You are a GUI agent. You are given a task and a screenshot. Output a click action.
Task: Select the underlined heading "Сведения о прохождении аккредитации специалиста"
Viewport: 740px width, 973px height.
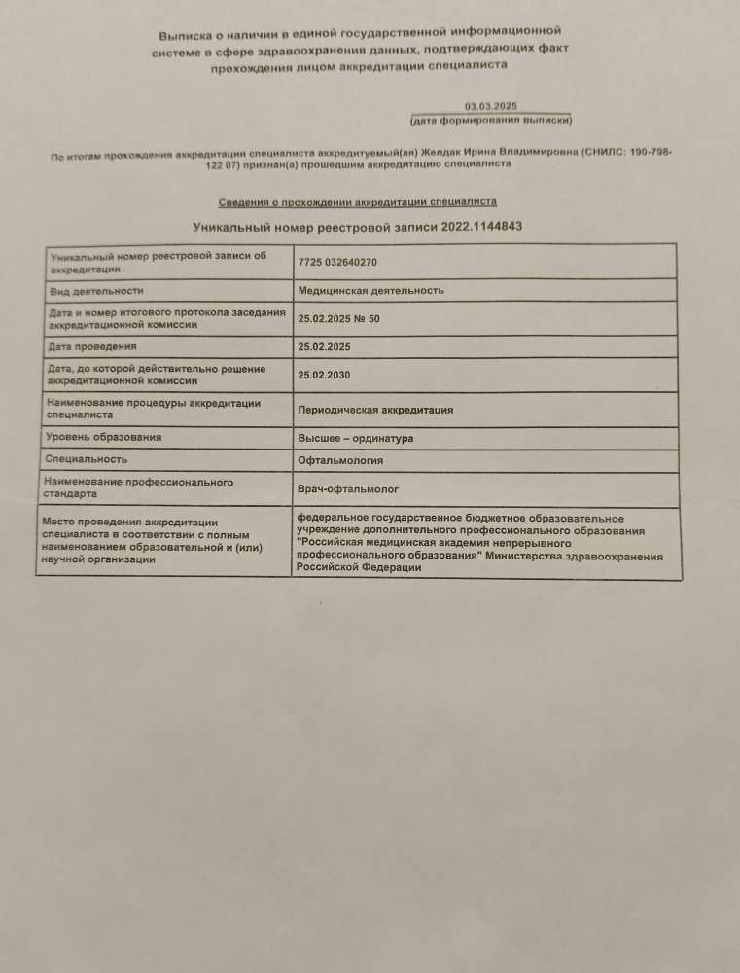pyautogui.click(x=357, y=201)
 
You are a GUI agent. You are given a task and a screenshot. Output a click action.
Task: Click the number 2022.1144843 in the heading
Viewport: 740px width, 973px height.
pyautogui.click(x=479, y=226)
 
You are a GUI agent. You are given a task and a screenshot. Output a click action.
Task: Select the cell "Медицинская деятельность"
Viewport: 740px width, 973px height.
pyautogui.click(x=370, y=290)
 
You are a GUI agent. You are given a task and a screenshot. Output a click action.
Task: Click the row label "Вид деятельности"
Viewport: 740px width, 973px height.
pyautogui.click(x=96, y=290)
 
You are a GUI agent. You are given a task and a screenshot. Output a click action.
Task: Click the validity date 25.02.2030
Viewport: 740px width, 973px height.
pyautogui.click(x=325, y=374)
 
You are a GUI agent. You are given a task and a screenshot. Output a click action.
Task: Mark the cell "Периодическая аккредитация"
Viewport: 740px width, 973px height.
pyautogui.click(x=375, y=410)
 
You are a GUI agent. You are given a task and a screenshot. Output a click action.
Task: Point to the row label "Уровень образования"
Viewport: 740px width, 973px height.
pyautogui.click(x=103, y=437)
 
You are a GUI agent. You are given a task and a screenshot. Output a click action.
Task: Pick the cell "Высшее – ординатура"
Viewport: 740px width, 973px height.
pyautogui.click(x=355, y=438)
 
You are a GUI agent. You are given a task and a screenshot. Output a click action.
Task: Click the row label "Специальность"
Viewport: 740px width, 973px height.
pyautogui.click(x=87, y=458)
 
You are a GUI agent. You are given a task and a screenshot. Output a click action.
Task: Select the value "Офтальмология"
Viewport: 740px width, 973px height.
pyautogui.click(x=340, y=460)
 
